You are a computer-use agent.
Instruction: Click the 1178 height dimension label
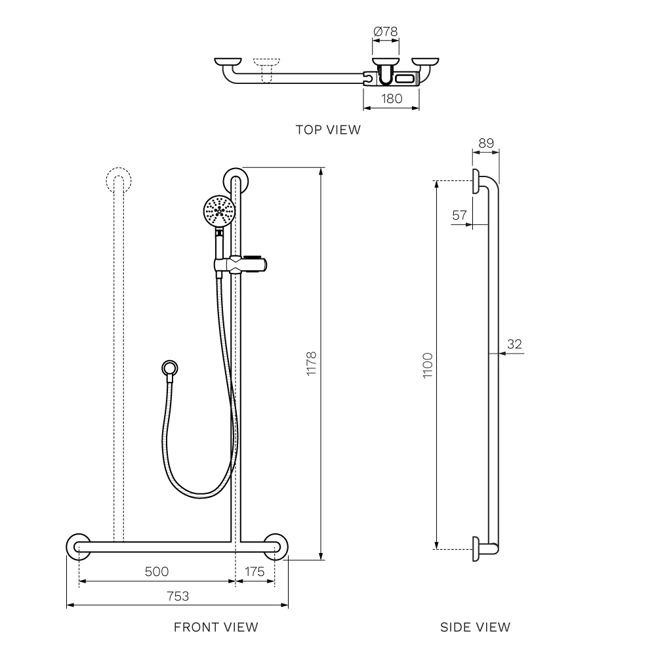[311, 364]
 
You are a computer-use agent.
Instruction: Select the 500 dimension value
[157, 571]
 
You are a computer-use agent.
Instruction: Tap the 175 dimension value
[255, 571]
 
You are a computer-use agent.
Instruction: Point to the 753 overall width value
[178, 596]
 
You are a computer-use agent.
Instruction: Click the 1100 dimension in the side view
[428, 365]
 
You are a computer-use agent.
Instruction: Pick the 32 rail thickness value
[514, 344]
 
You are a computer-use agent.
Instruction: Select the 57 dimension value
[459, 215]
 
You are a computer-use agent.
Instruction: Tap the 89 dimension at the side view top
[486, 143]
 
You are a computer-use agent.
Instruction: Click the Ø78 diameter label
[385, 31]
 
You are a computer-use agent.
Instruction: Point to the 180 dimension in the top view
[392, 98]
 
